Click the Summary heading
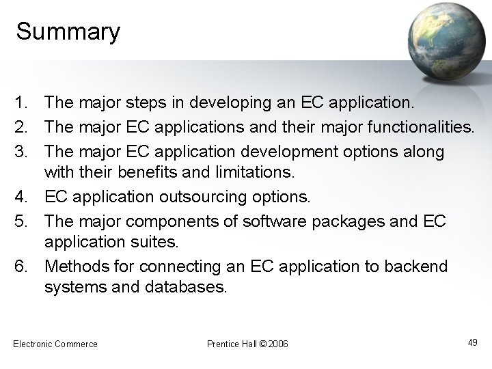(68, 31)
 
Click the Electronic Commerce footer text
(55, 343)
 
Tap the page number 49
(472, 342)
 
